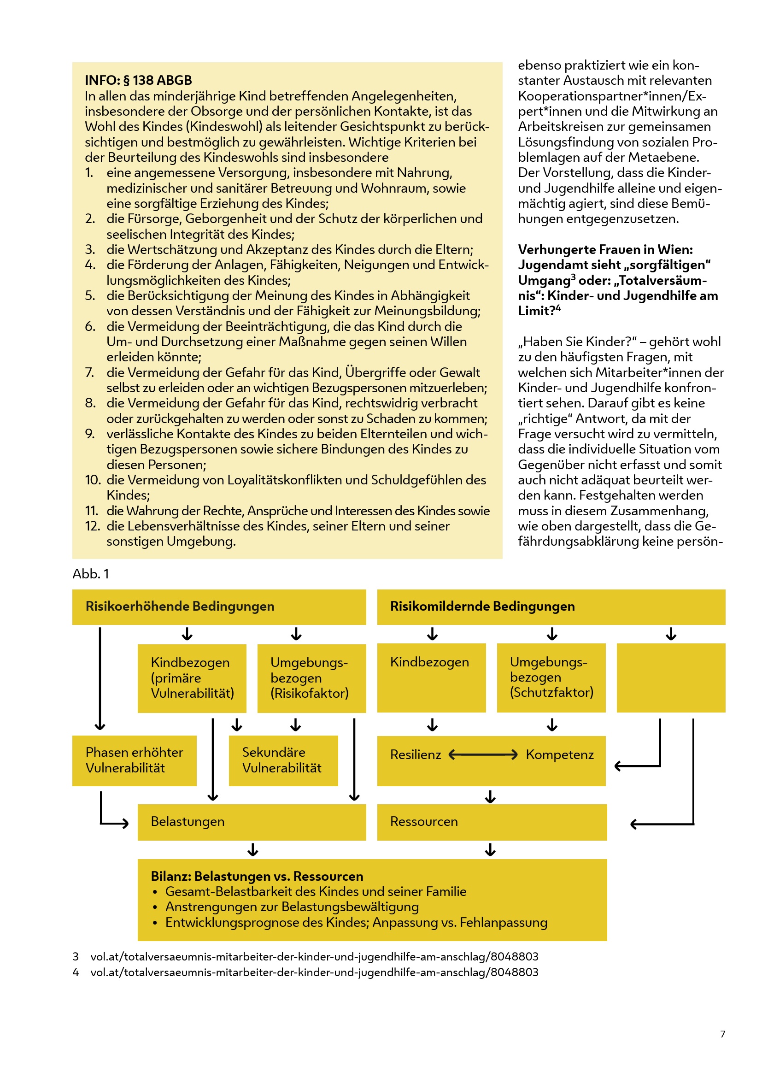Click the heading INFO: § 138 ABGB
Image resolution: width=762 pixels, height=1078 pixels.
[x=138, y=80]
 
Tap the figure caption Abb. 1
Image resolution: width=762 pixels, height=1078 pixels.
[x=91, y=574]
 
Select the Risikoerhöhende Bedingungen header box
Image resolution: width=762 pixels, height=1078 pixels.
[x=219, y=607]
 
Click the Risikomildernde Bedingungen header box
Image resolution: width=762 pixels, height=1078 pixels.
[x=551, y=607]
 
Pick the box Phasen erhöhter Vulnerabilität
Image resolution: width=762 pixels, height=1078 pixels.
[x=134, y=760]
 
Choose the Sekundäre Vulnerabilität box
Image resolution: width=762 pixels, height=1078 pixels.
[x=283, y=760]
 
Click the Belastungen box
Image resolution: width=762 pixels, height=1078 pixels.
[x=252, y=822]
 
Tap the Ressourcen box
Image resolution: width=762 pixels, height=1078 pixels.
[x=492, y=822]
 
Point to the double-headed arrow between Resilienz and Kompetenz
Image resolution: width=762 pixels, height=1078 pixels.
[x=483, y=754]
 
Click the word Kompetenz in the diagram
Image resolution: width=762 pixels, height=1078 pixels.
[x=559, y=754]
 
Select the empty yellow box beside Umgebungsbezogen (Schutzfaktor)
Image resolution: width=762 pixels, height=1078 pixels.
[x=670, y=677]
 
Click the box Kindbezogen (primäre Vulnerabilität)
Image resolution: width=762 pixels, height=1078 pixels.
[x=192, y=678]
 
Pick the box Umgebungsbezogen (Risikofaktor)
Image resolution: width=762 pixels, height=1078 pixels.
[x=311, y=678]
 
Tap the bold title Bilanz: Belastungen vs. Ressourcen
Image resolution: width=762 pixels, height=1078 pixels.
[x=257, y=876]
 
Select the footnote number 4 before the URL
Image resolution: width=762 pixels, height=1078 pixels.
[x=76, y=972]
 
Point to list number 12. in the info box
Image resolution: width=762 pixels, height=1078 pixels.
[x=93, y=526]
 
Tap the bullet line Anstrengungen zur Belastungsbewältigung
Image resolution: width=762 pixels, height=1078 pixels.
[x=292, y=907]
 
